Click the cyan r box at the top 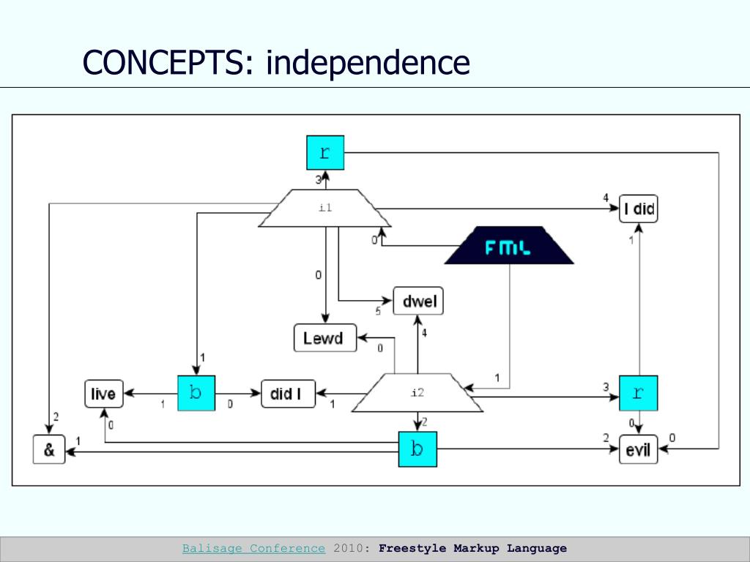pyautogui.click(x=325, y=152)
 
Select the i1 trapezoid pyautogui.click(x=325, y=209)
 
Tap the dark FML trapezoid pyautogui.click(x=509, y=246)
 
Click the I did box pyautogui.click(x=638, y=209)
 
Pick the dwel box pyautogui.click(x=419, y=301)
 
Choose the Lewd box pyautogui.click(x=324, y=338)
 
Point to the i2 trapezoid pyautogui.click(x=417, y=393)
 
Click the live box pyautogui.click(x=103, y=394)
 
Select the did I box pyautogui.click(x=288, y=394)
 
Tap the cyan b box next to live pyautogui.click(x=196, y=393)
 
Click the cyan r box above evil pyautogui.click(x=638, y=393)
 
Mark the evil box pyautogui.click(x=638, y=449)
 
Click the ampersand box pyautogui.click(x=49, y=449)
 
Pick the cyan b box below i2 pyautogui.click(x=417, y=449)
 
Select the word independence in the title pyautogui.click(x=368, y=63)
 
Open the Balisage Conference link pyautogui.click(x=253, y=548)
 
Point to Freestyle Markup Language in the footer pyautogui.click(x=472, y=548)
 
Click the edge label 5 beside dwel pyautogui.click(x=378, y=312)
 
